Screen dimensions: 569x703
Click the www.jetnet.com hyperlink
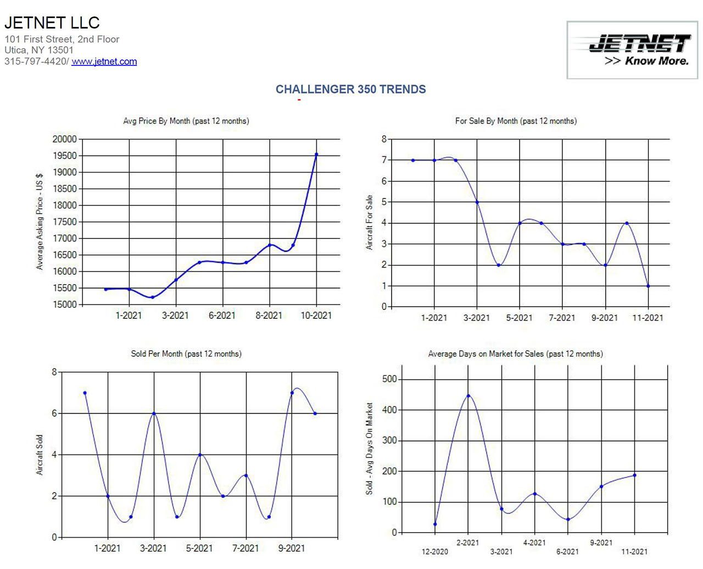coord(104,62)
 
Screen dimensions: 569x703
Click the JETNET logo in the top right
coord(632,50)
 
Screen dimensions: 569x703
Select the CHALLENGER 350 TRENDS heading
coord(350,89)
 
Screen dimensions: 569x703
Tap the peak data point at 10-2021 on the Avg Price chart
coord(316,154)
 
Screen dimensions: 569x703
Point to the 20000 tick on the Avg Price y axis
coord(64,139)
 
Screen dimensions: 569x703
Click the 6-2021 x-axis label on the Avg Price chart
coord(222,316)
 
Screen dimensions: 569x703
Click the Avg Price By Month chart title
coord(186,121)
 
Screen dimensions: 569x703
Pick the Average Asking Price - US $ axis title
coord(40,222)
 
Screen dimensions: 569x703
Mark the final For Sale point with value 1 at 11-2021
coord(649,286)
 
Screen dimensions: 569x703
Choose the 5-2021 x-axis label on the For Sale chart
coord(519,318)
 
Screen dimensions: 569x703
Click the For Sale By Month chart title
coord(516,121)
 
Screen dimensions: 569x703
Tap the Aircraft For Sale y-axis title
coord(369,222)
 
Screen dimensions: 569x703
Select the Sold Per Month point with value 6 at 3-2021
coord(154,413)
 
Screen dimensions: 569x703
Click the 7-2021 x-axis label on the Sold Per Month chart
coord(245,548)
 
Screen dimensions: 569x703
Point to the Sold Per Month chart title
coord(186,353)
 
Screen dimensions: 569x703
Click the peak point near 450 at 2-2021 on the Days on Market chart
coord(468,396)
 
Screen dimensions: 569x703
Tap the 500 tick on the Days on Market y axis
coord(389,379)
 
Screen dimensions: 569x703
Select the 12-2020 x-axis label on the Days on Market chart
coord(434,551)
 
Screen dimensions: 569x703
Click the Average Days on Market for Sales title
coord(515,353)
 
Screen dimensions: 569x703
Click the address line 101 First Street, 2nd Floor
coord(62,39)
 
